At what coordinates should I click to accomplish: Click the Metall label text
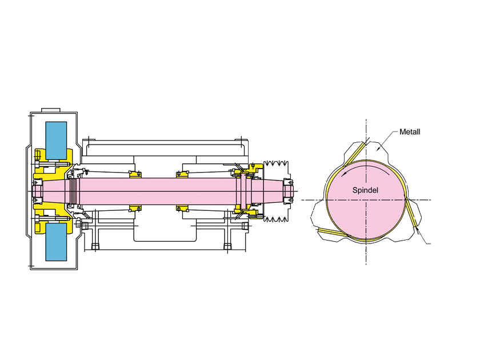[410, 132]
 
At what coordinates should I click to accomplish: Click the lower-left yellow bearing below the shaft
[135, 207]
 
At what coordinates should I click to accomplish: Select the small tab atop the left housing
[50, 109]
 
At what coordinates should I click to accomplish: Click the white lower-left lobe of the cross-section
[326, 220]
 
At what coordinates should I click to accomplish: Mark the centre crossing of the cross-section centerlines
[366, 199]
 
